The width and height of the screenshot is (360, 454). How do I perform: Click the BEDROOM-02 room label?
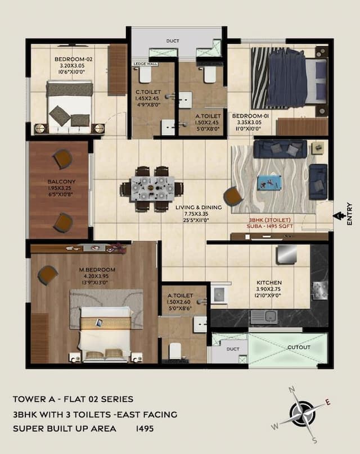pyautogui.click(x=73, y=59)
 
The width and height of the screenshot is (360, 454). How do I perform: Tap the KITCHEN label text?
pyautogui.click(x=269, y=283)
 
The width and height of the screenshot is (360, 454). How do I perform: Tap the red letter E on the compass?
pyautogui.click(x=328, y=402)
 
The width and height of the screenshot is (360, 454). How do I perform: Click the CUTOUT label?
pyautogui.click(x=298, y=347)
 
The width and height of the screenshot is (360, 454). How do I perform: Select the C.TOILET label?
pyautogui.click(x=148, y=92)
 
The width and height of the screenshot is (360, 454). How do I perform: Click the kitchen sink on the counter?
pyautogui.click(x=264, y=317)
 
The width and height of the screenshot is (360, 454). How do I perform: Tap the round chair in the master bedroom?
pyautogui.click(x=48, y=275)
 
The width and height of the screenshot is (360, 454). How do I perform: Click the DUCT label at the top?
pyautogui.click(x=173, y=41)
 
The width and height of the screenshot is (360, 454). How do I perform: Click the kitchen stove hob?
pyautogui.click(x=319, y=289)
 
